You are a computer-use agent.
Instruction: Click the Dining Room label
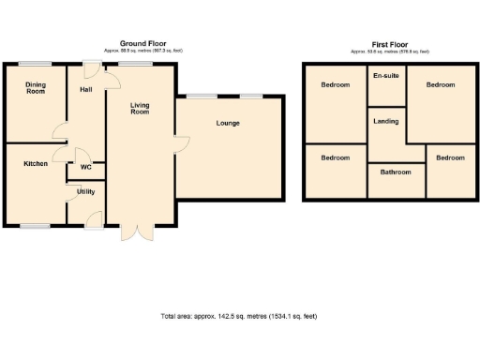point(35,88)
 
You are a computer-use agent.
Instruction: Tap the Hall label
point(86,90)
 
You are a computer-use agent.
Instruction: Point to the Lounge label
point(228,124)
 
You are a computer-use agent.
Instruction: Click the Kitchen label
point(36,163)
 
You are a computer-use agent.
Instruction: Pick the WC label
point(85,168)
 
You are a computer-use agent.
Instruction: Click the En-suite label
point(385,75)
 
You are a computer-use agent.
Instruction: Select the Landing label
point(385,121)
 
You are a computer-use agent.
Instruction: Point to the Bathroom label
point(395,172)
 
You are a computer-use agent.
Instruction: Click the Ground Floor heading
point(143,43)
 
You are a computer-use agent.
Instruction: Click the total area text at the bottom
point(239,316)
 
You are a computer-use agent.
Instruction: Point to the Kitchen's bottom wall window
point(36,225)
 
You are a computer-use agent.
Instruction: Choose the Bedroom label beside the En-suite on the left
point(336,85)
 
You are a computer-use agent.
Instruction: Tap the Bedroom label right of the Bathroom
point(450,157)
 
